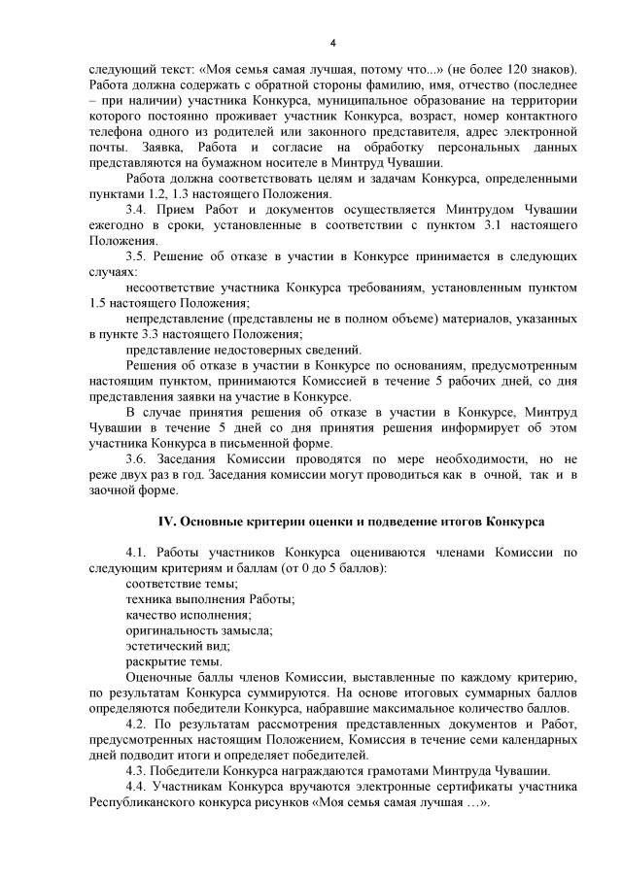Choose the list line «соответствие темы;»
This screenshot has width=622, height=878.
point(182,583)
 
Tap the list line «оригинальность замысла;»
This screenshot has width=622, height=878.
point(198,629)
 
